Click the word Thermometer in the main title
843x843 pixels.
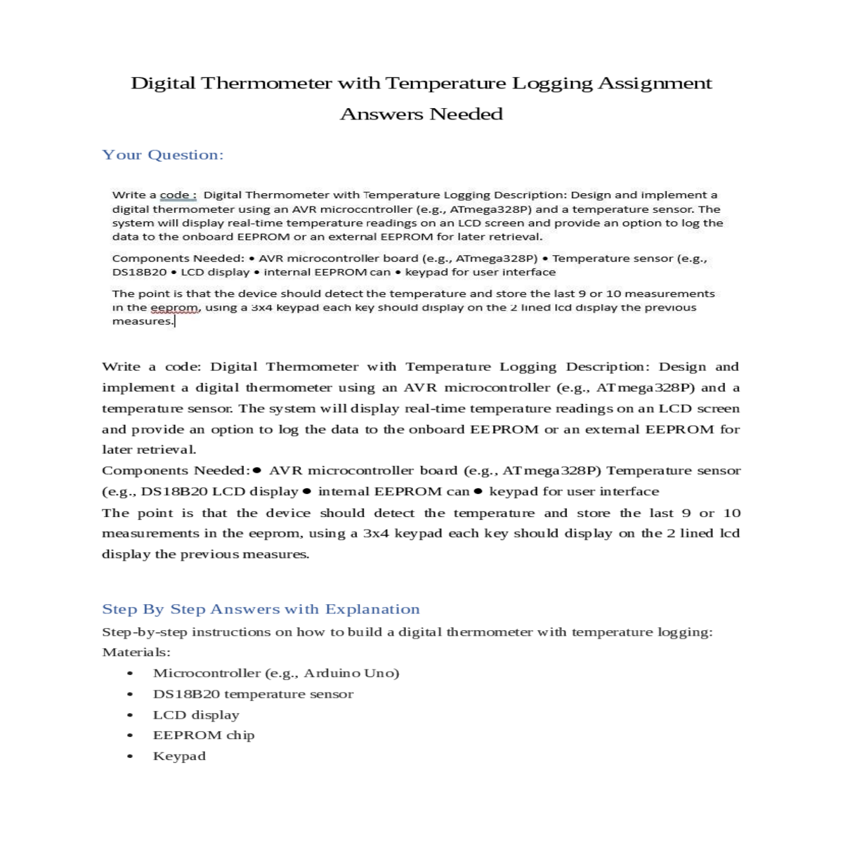267,83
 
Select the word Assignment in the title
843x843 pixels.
655,83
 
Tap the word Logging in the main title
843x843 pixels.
552,84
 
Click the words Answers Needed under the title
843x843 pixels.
421,114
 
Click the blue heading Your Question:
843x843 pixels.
163,155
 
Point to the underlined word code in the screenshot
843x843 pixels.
175,195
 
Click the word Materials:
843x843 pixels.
136,653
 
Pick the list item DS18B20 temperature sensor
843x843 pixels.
253,694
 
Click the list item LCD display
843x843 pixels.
196,715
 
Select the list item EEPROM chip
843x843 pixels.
204,736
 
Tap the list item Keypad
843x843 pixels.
179,757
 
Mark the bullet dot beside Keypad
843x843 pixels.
130,757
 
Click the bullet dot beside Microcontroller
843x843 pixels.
130,673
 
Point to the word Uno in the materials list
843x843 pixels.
381,673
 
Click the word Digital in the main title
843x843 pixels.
163,83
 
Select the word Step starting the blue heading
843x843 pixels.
119,609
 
